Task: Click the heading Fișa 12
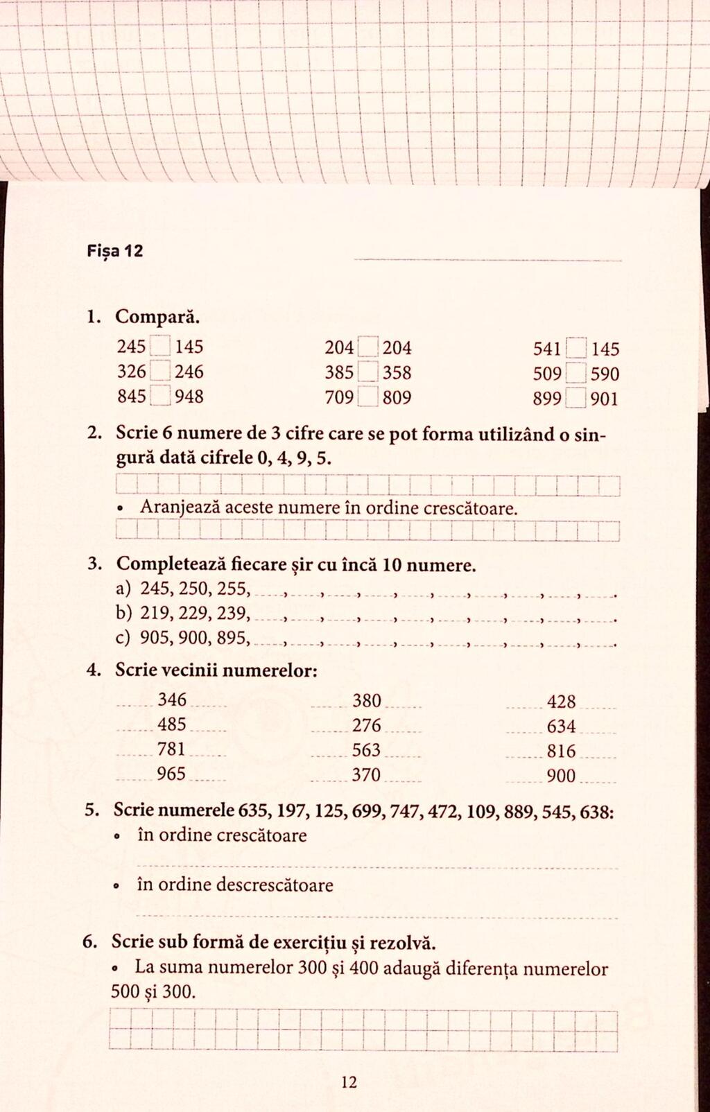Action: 115,251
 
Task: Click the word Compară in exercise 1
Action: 158,318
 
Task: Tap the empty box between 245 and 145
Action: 160,346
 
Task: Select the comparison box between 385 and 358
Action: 368,373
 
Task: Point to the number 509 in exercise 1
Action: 547,374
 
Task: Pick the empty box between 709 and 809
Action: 368,398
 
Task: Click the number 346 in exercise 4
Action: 172,700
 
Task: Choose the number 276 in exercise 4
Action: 367,725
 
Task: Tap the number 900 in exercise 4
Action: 562,776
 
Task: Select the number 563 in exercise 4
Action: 367,750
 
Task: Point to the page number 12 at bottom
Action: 349,1081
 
